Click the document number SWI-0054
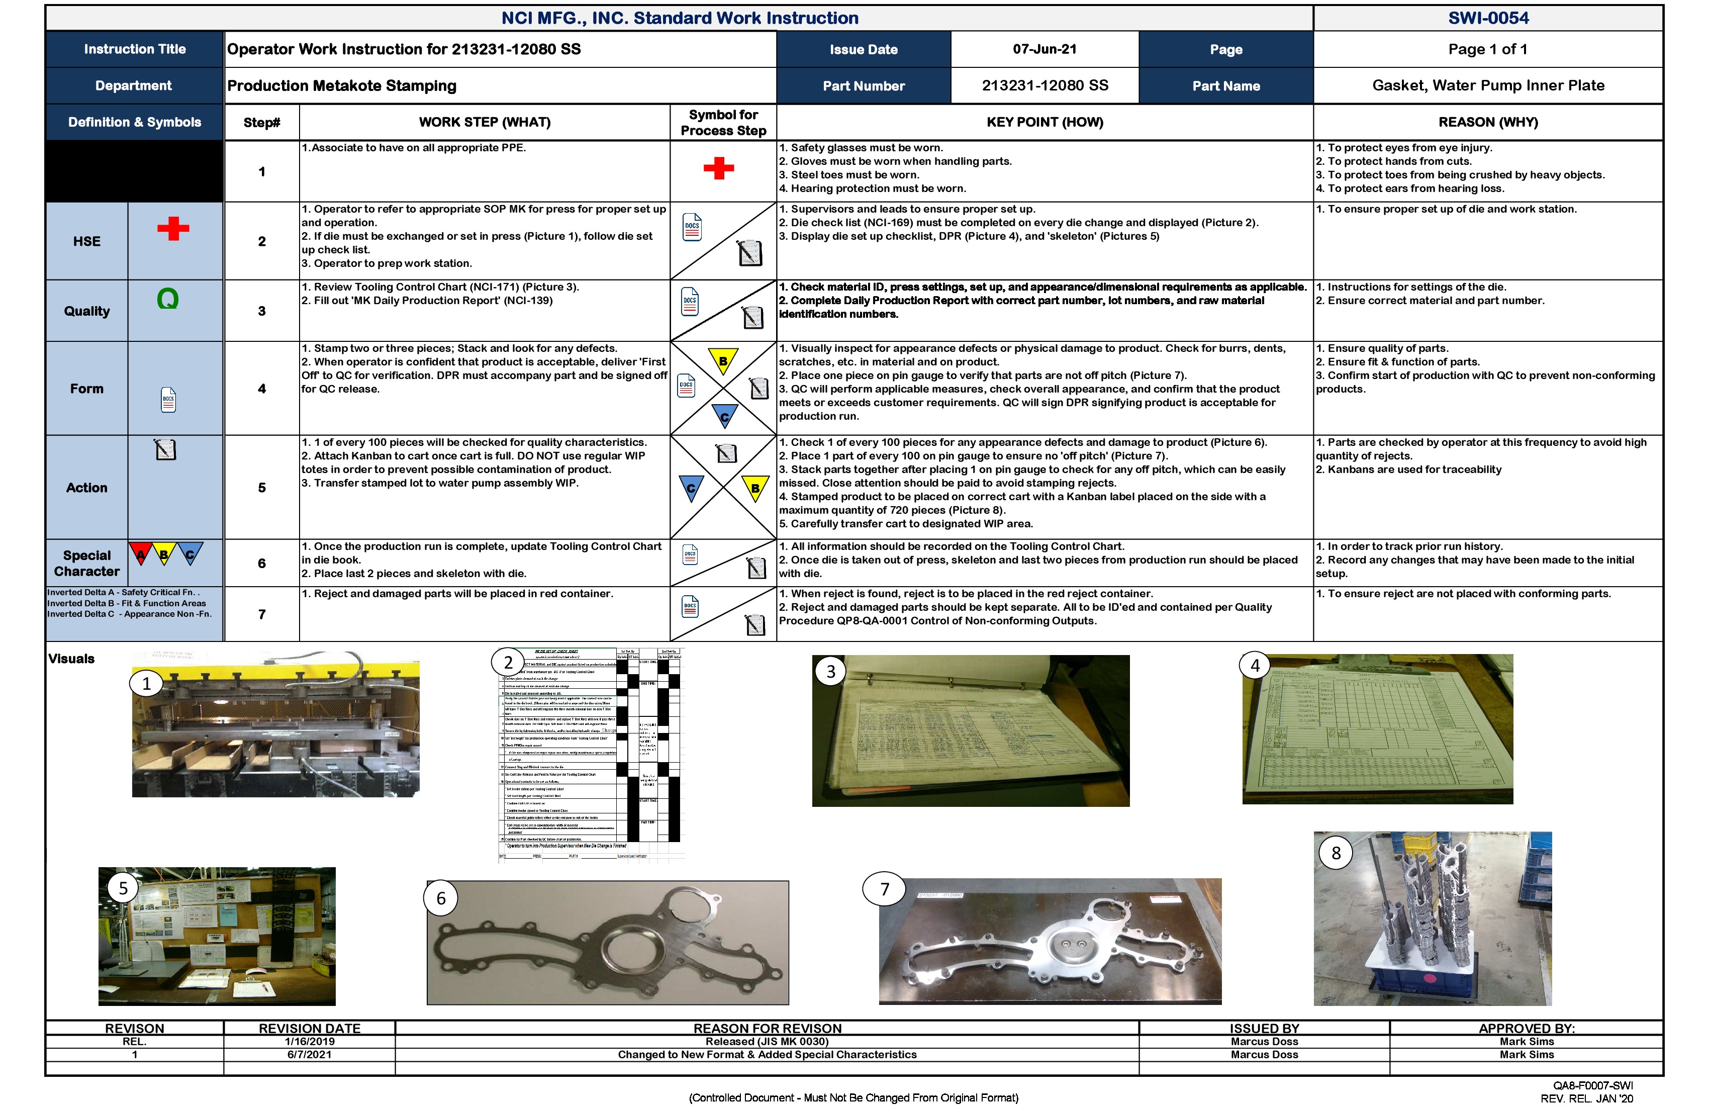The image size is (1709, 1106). click(x=1488, y=18)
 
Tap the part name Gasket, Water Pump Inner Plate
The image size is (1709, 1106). click(x=1488, y=85)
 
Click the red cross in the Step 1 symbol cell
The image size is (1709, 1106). click(x=718, y=169)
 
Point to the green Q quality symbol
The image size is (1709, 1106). click(x=167, y=299)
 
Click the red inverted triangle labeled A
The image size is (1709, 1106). click(x=141, y=554)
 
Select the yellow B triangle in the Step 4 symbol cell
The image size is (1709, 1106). click(x=723, y=360)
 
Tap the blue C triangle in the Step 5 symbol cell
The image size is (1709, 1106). click(x=691, y=488)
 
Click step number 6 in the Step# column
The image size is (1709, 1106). click(x=261, y=564)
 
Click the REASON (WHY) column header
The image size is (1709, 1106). click(x=1488, y=122)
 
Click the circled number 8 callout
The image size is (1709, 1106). click(x=1336, y=853)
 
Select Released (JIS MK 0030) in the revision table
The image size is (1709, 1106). click(x=767, y=1041)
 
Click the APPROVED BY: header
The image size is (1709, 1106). click(x=1526, y=1029)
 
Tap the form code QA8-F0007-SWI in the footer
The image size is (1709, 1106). click(x=1593, y=1086)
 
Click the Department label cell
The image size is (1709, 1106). click(x=134, y=85)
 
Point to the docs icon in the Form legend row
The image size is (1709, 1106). click(x=168, y=400)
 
